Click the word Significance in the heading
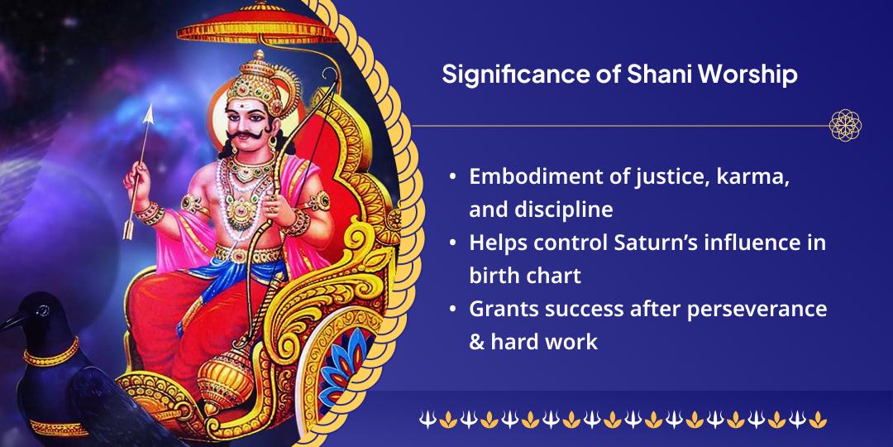coord(507,75)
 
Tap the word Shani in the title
coord(640,75)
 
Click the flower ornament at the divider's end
coord(845,126)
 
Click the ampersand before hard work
coord(477,341)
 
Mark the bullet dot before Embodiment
coord(451,177)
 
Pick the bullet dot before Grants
coord(451,309)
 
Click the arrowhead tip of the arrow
coord(150,112)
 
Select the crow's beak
coord(10,320)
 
